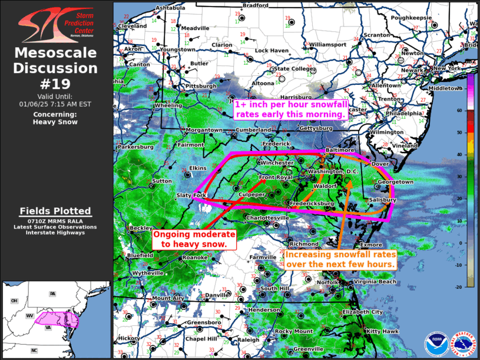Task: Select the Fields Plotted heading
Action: click(x=55, y=211)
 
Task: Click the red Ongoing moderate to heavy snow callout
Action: click(x=194, y=239)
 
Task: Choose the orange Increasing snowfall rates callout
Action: click(x=340, y=260)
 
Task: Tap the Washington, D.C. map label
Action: click(x=333, y=171)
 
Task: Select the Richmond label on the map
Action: click(x=304, y=244)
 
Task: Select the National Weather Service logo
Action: click(x=463, y=343)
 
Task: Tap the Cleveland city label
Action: click(x=132, y=27)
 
